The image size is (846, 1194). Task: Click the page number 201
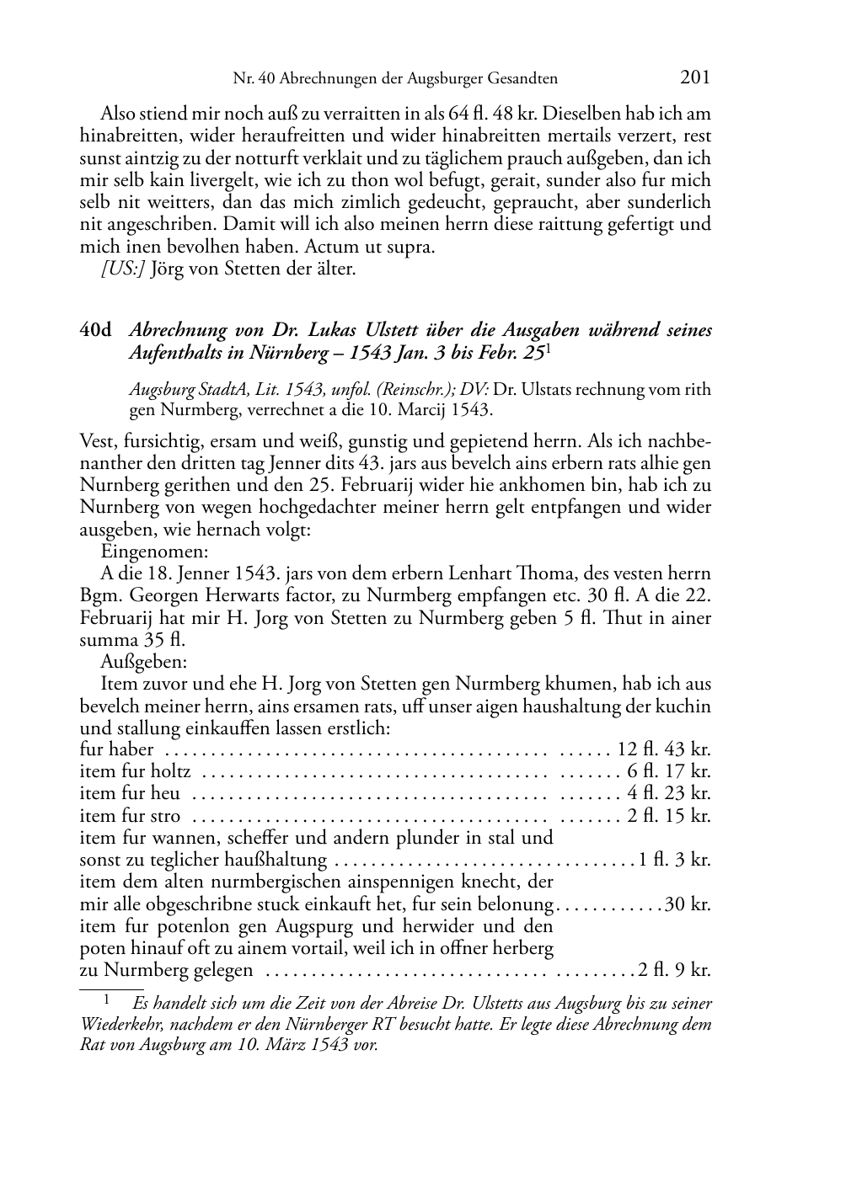click(x=694, y=77)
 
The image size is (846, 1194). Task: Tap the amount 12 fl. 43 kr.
click(x=664, y=749)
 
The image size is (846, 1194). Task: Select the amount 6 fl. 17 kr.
click(x=669, y=771)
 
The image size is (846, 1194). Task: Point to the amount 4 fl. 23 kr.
click(x=669, y=793)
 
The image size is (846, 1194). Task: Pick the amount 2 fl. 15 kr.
click(x=669, y=816)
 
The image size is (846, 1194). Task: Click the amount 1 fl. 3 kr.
click(x=674, y=860)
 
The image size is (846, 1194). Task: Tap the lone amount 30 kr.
click(x=688, y=904)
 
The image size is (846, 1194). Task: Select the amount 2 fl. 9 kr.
click(x=674, y=970)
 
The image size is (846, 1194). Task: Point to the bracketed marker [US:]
click(x=123, y=269)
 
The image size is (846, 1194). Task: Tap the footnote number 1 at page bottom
click(x=107, y=1001)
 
